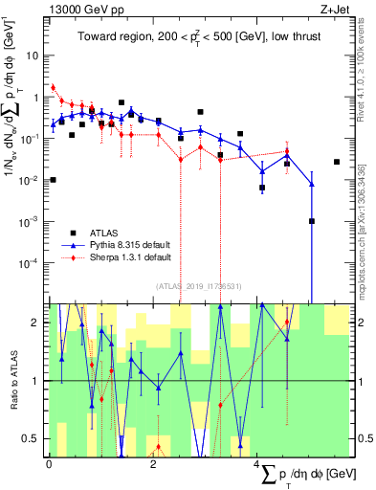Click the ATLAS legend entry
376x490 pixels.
click(103, 233)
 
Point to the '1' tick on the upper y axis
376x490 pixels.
click(38, 97)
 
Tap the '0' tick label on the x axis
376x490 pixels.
click(49, 464)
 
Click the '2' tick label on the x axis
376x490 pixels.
click(154, 464)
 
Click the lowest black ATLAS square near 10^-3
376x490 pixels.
click(311, 221)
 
